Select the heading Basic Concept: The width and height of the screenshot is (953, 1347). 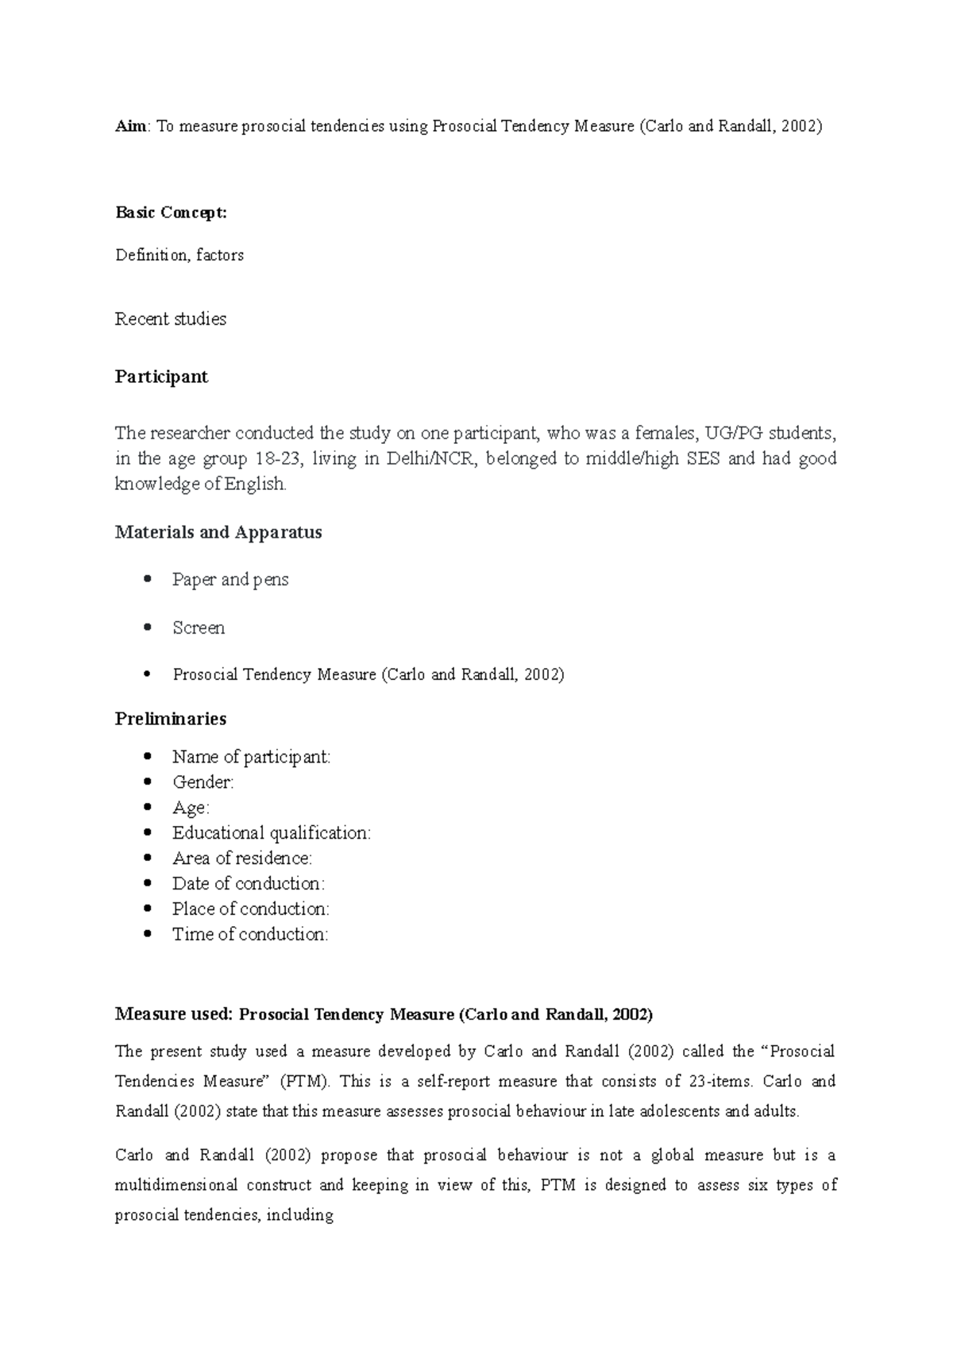pyautogui.click(x=171, y=212)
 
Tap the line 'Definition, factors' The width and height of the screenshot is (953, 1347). pyautogui.click(x=179, y=256)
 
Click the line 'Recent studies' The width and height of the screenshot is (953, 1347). pyautogui.click(x=171, y=319)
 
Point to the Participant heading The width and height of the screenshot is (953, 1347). pyautogui.click(x=161, y=376)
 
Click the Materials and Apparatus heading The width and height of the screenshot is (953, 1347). pyautogui.click(x=218, y=532)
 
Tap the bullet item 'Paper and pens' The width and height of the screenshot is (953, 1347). pyautogui.click(x=230, y=580)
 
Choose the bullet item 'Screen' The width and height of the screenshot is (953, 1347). pyautogui.click(x=199, y=628)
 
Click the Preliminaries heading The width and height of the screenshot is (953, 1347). pyautogui.click(x=171, y=719)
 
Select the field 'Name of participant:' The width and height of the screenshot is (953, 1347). pyautogui.click(x=251, y=757)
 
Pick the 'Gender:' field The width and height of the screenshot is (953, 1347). pyautogui.click(x=203, y=782)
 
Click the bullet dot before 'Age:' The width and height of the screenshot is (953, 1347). pyautogui.click(x=147, y=808)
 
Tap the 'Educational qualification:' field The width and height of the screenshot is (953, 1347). pyautogui.click(x=272, y=833)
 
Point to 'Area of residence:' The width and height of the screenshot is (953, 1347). pyautogui.click(x=242, y=859)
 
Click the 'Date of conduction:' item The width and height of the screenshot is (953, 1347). pyautogui.click(x=249, y=884)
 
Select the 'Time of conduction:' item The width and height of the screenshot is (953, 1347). pyautogui.click(x=250, y=935)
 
